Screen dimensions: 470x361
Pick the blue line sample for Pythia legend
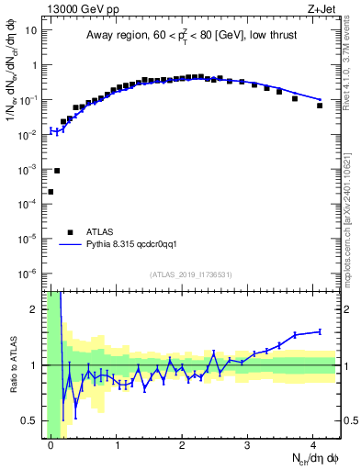coord(70,245)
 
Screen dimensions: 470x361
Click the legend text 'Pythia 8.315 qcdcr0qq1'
coord(139,245)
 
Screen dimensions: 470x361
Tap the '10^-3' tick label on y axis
coord(28,170)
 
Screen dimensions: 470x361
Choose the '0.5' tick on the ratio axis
coord(31,421)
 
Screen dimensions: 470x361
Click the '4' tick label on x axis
coord(314,447)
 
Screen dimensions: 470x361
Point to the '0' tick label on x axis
coord(51,447)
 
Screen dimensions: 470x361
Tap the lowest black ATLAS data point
coord(51,192)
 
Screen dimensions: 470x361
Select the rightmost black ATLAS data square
coord(320,106)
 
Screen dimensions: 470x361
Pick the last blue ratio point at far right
coord(320,331)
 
